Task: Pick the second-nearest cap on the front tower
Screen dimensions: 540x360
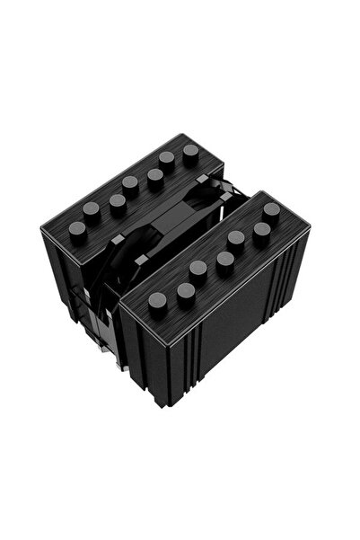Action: pyautogui.click(x=186, y=289)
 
